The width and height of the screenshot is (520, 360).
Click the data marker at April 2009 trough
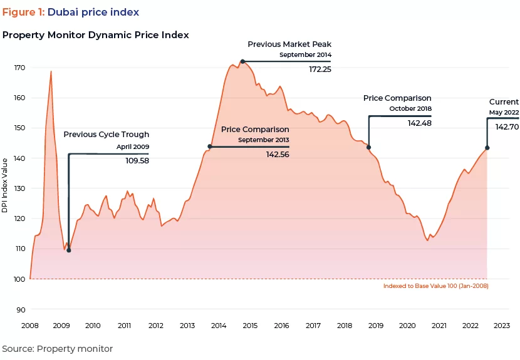(68, 250)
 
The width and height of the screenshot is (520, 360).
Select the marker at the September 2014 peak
(242, 61)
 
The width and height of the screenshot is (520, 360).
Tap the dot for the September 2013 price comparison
(210, 147)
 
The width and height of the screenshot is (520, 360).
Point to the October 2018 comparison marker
(368, 148)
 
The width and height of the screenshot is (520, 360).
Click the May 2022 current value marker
(487, 148)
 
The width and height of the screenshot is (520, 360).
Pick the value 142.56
(278, 155)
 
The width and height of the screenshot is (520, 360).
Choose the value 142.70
(507, 126)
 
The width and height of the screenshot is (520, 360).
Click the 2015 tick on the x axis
(250, 326)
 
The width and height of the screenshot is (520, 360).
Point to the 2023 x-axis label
(502, 326)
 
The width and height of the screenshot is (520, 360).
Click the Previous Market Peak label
(289, 44)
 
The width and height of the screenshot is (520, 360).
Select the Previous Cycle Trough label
(107, 134)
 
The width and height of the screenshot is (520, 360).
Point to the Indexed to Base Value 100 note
(435, 286)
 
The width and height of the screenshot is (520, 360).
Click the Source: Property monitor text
(58, 349)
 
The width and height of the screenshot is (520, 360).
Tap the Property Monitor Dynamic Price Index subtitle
(96, 35)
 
